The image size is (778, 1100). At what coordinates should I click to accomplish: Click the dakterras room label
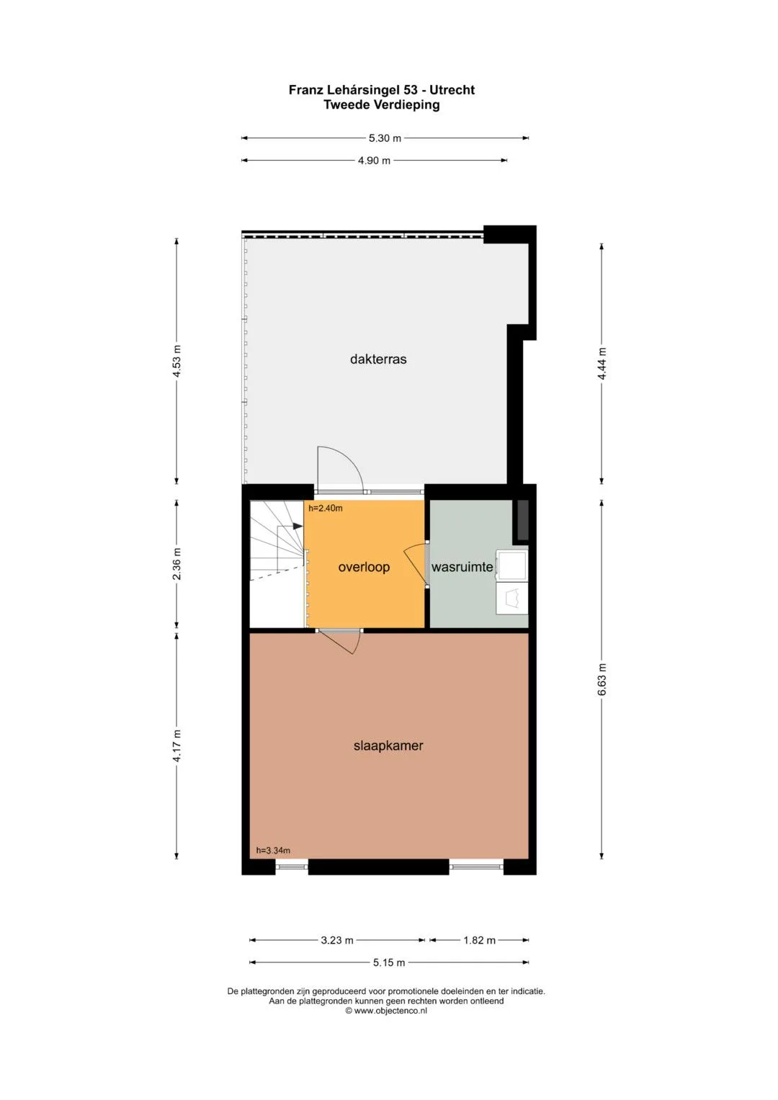[378, 359]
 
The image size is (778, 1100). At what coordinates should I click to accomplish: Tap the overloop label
[364, 567]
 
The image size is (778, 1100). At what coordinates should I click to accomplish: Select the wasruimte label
[462, 567]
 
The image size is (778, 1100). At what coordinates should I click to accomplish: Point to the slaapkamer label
[388, 746]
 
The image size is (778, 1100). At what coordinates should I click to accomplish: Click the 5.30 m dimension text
[385, 138]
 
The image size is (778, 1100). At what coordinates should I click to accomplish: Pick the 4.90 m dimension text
[375, 161]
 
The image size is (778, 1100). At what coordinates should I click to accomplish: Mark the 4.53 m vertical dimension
[176, 361]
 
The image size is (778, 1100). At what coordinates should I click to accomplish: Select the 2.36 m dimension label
[176, 564]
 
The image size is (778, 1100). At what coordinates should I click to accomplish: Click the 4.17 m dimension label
[176, 746]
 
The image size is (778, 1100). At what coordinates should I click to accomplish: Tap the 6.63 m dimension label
[602, 679]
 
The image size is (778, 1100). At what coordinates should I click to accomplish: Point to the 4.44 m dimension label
[602, 363]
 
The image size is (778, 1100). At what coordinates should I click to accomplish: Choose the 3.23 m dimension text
[337, 940]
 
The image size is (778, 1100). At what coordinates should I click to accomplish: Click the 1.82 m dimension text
[479, 940]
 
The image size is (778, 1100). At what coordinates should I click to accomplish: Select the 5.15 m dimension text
[389, 962]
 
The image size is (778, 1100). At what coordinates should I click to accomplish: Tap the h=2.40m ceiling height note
[325, 509]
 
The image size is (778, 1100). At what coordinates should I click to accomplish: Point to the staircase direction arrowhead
[298, 527]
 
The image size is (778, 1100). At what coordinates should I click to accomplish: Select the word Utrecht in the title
[452, 90]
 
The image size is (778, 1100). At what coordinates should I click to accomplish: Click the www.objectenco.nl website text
[390, 1011]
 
